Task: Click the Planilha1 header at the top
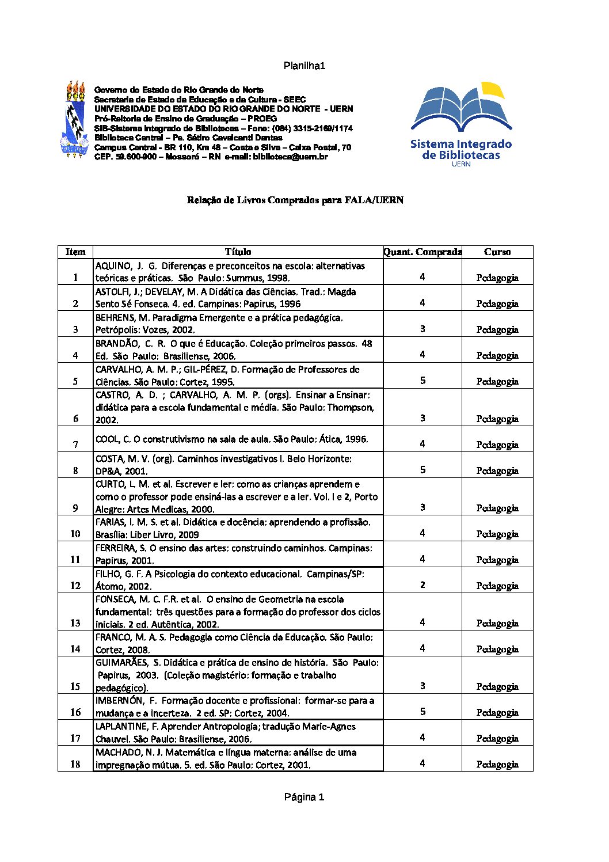coord(304,66)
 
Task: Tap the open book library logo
coord(461,109)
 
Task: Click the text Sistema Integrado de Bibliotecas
coord(461,150)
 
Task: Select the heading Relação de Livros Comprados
coord(295,200)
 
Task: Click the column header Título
coord(238,252)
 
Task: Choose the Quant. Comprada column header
coord(423,252)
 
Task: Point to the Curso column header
coord(497,252)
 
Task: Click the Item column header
coord(75,252)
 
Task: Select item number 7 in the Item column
coord(75,445)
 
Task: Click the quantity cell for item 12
coord(423,585)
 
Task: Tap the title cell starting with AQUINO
coord(230,272)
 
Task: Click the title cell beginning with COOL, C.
coord(231,439)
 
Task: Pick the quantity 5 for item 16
coord(423,712)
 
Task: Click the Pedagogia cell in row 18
coord(497,764)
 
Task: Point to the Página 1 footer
coord(304,797)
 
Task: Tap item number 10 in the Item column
coord(75,534)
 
